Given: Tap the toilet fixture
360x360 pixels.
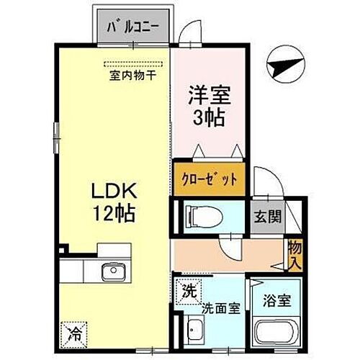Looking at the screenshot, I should pyautogui.click(x=199, y=215).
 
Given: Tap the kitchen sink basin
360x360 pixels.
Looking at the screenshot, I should pyautogui.click(x=113, y=272).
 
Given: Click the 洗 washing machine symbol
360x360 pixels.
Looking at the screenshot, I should pyautogui.click(x=187, y=294).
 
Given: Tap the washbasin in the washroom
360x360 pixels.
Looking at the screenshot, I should pyautogui.click(x=194, y=333).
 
